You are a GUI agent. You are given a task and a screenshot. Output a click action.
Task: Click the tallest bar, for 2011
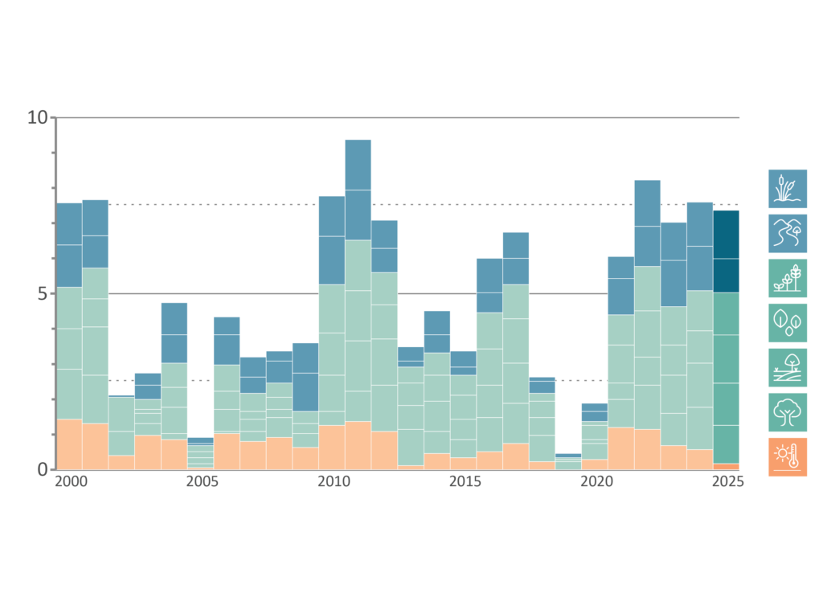[358, 305]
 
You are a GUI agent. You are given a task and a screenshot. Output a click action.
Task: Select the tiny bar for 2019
[568, 461]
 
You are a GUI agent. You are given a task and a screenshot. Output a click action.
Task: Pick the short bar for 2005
[200, 453]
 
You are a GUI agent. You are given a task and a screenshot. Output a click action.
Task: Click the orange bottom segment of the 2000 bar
[69, 444]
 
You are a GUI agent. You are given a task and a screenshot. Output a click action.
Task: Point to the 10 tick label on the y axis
[37, 117]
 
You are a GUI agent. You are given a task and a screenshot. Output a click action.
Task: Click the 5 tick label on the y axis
[42, 294]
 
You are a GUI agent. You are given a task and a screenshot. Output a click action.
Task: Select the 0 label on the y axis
[42, 469]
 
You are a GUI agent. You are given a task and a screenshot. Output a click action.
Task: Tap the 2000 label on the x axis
[71, 481]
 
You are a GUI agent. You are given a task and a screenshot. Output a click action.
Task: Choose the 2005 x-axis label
[202, 481]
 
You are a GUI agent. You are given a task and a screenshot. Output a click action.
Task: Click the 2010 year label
[334, 481]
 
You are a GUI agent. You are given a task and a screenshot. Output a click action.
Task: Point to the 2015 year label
[465, 481]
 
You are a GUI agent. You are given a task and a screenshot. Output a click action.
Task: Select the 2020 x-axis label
[596, 481]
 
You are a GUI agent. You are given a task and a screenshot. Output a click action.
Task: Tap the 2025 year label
[727, 481]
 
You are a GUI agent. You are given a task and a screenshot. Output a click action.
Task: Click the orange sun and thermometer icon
[788, 457]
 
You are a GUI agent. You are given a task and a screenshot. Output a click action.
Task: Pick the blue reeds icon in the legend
[788, 189]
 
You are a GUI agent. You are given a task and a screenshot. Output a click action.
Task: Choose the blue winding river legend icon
[788, 234]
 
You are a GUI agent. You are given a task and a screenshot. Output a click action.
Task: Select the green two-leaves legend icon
[788, 323]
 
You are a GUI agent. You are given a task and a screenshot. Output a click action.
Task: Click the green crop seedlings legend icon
[788, 279]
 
